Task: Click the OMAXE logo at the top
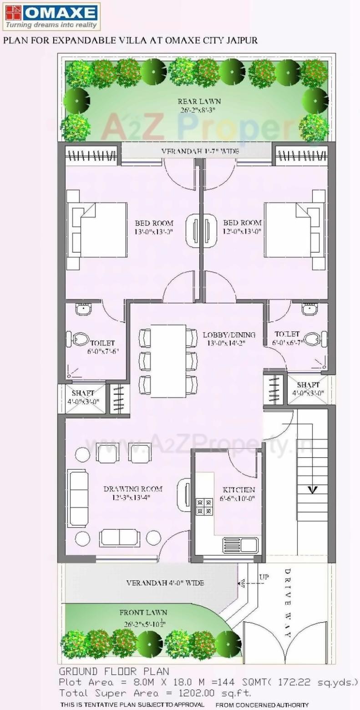click(51, 16)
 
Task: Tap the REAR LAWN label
click(199, 101)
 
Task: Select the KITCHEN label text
click(238, 490)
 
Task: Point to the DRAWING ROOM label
click(133, 489)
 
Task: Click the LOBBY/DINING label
click(229, 335)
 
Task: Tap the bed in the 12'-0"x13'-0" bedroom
click(295, 230)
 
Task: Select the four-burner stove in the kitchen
click(204, 507)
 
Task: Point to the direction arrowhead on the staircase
click(312, 490)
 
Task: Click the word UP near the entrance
click(264, 577)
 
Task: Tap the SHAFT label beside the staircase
click(308, 385)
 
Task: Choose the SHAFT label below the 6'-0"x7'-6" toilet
click(83, 393)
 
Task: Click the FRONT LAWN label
click(143, 613)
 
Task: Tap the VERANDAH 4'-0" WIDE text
click(165, 583)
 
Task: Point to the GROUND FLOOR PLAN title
click(114, 671)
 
